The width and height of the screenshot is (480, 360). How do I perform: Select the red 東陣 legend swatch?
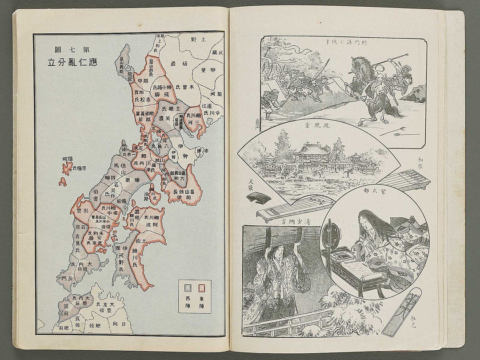point(201,288)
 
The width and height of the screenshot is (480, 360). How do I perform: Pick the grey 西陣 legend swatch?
point(189,288)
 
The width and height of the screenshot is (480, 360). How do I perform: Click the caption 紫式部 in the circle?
point(372,200)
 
